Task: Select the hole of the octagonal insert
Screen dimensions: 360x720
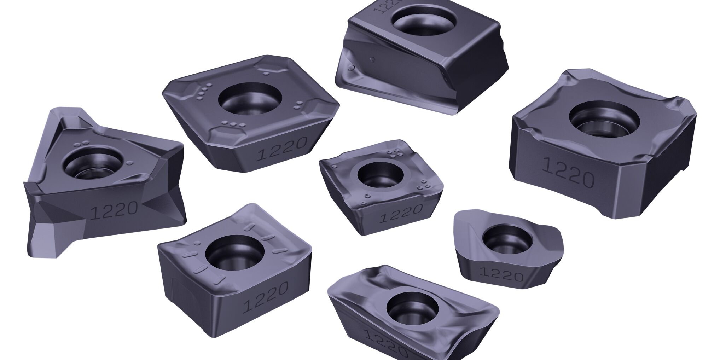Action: (250, 98)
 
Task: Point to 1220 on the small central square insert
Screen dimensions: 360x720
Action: (400, 213)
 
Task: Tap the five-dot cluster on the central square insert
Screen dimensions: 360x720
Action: (394, 153)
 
